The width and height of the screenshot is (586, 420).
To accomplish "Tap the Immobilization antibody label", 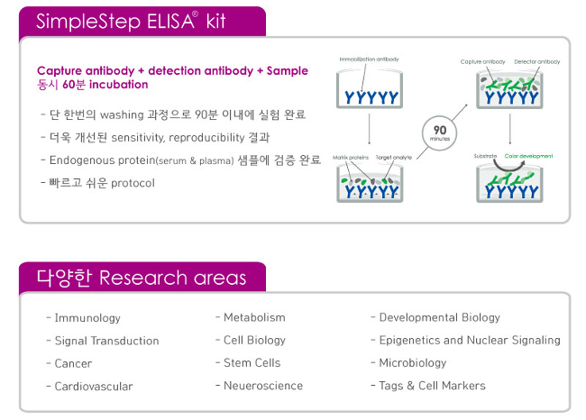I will (369, 59).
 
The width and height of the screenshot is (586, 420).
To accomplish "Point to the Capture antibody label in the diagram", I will (484, 62).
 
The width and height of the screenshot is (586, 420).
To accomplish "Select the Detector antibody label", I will (537, 62).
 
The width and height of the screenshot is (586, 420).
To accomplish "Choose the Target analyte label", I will (394, 156).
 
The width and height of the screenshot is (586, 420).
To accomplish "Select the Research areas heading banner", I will (140, 277).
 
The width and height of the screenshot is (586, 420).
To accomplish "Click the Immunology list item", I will (87, 318).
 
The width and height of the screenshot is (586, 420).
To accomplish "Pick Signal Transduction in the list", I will (106, 341).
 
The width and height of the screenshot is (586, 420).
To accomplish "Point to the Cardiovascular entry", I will (93, 386).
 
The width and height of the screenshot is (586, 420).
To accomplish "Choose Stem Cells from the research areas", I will (252, 362).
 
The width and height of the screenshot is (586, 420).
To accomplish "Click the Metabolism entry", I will (254, 317).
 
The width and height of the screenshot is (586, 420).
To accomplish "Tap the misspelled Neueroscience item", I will (263, 386).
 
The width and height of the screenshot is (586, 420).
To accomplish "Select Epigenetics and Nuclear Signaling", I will (469, 340).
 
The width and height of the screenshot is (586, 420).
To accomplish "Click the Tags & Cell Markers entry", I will (432, 386).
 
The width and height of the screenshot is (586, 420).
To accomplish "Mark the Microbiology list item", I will (412, 362).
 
